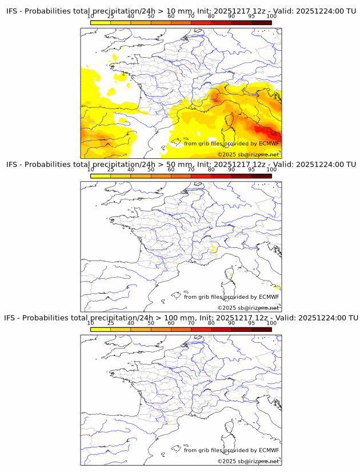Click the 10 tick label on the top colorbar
click(91, 16)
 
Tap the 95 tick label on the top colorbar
click(251, 16)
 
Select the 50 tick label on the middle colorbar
click(151, 170)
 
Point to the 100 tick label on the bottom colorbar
click(271, 323)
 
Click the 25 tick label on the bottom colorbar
click(111, 323)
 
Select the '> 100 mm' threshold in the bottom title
click(172, 318)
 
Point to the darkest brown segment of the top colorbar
click(261, 22)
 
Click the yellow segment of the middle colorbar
click(101, 176)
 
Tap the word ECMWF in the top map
click(269, 143)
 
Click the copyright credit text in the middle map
click(248, 308)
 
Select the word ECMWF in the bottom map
click(269, 450)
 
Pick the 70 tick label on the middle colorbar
click(191, 170)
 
